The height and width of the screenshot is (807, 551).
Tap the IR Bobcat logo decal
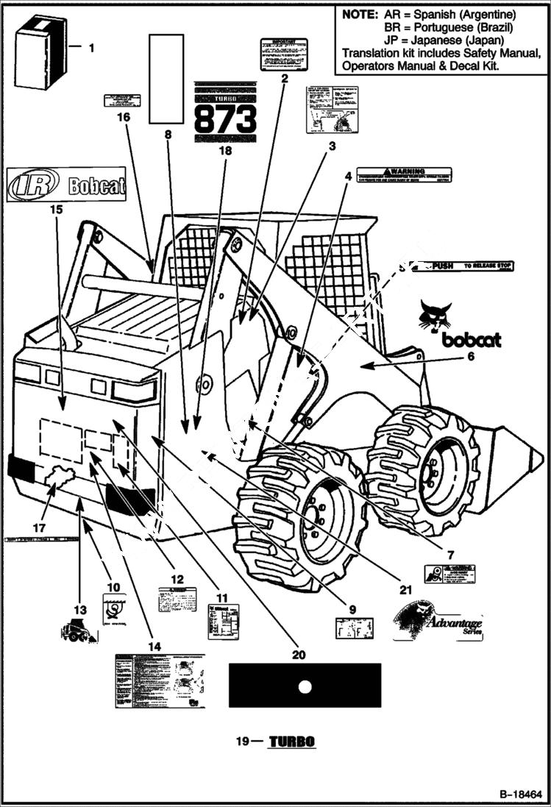coord(66,185)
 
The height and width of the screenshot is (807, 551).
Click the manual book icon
coord(41,53)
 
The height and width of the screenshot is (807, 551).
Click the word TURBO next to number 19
coord(291,742)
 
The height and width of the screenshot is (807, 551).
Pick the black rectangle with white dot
coord(305,685)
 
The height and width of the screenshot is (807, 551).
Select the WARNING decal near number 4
coord(404,175)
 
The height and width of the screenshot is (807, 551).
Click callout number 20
coord(298,654)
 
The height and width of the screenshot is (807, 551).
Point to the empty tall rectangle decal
coord(166,78)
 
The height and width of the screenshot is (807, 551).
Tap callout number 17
coord(39,528)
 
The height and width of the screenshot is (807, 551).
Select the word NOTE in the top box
coord(360,15)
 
